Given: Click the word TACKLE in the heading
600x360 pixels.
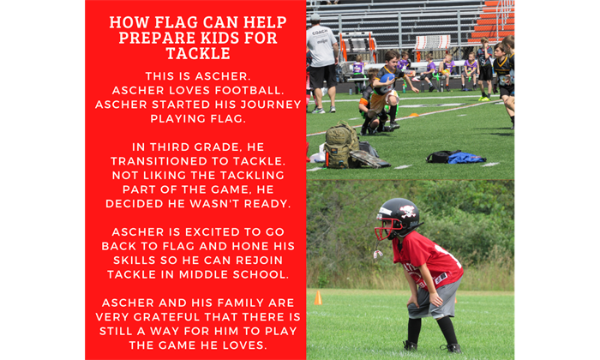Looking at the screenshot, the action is click(x=198, y=53).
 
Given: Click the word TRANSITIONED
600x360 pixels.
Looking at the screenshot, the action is click(x=165, y=161).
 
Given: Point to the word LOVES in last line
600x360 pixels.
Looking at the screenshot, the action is click(x=243, y=345).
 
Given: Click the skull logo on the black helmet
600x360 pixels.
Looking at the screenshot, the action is click(x=407, y=211).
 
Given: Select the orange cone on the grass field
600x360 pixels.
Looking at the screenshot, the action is click(x=318, y=297).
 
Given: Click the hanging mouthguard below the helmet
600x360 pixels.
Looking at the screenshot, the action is click(x=378, y=254).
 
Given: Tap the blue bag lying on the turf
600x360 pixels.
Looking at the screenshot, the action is click(x=467, y=158).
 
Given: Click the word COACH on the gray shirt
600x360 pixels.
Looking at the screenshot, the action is click(x=320, y=33).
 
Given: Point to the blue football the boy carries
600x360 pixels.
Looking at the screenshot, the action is click(x=387, y=79).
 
